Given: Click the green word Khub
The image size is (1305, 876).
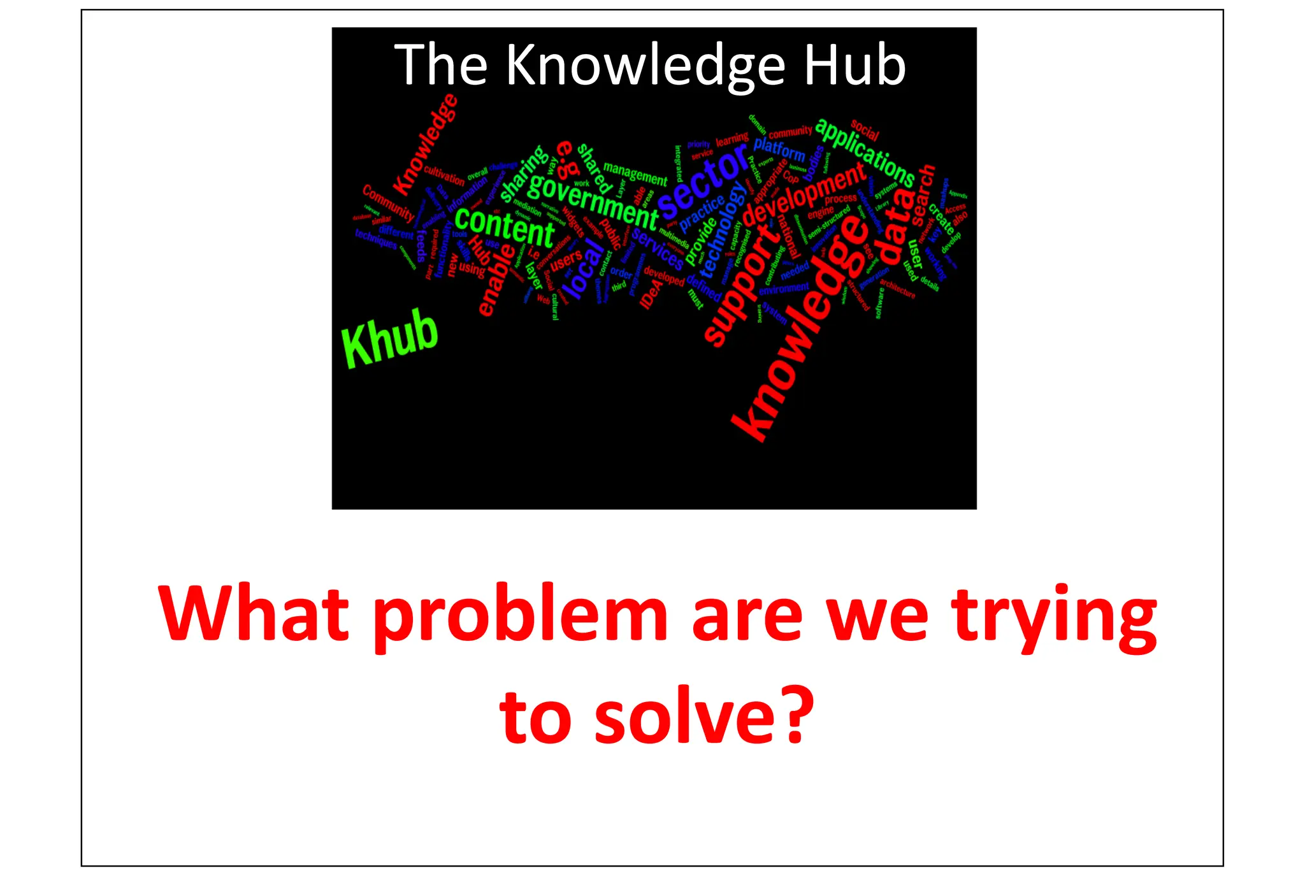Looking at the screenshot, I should coord(390,338).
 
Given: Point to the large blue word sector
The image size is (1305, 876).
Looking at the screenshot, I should coord(702,180).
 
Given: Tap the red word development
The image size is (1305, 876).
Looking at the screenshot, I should coord(804,195).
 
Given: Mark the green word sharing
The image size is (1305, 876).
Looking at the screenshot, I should coord(524,173).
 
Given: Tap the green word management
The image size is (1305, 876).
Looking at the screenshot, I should coord(635,173).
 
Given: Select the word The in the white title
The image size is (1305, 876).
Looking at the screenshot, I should coord(441,66).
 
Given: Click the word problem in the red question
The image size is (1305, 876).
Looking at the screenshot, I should coord(520,616).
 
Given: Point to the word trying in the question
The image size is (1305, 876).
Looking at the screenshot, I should coord(1054,616).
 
